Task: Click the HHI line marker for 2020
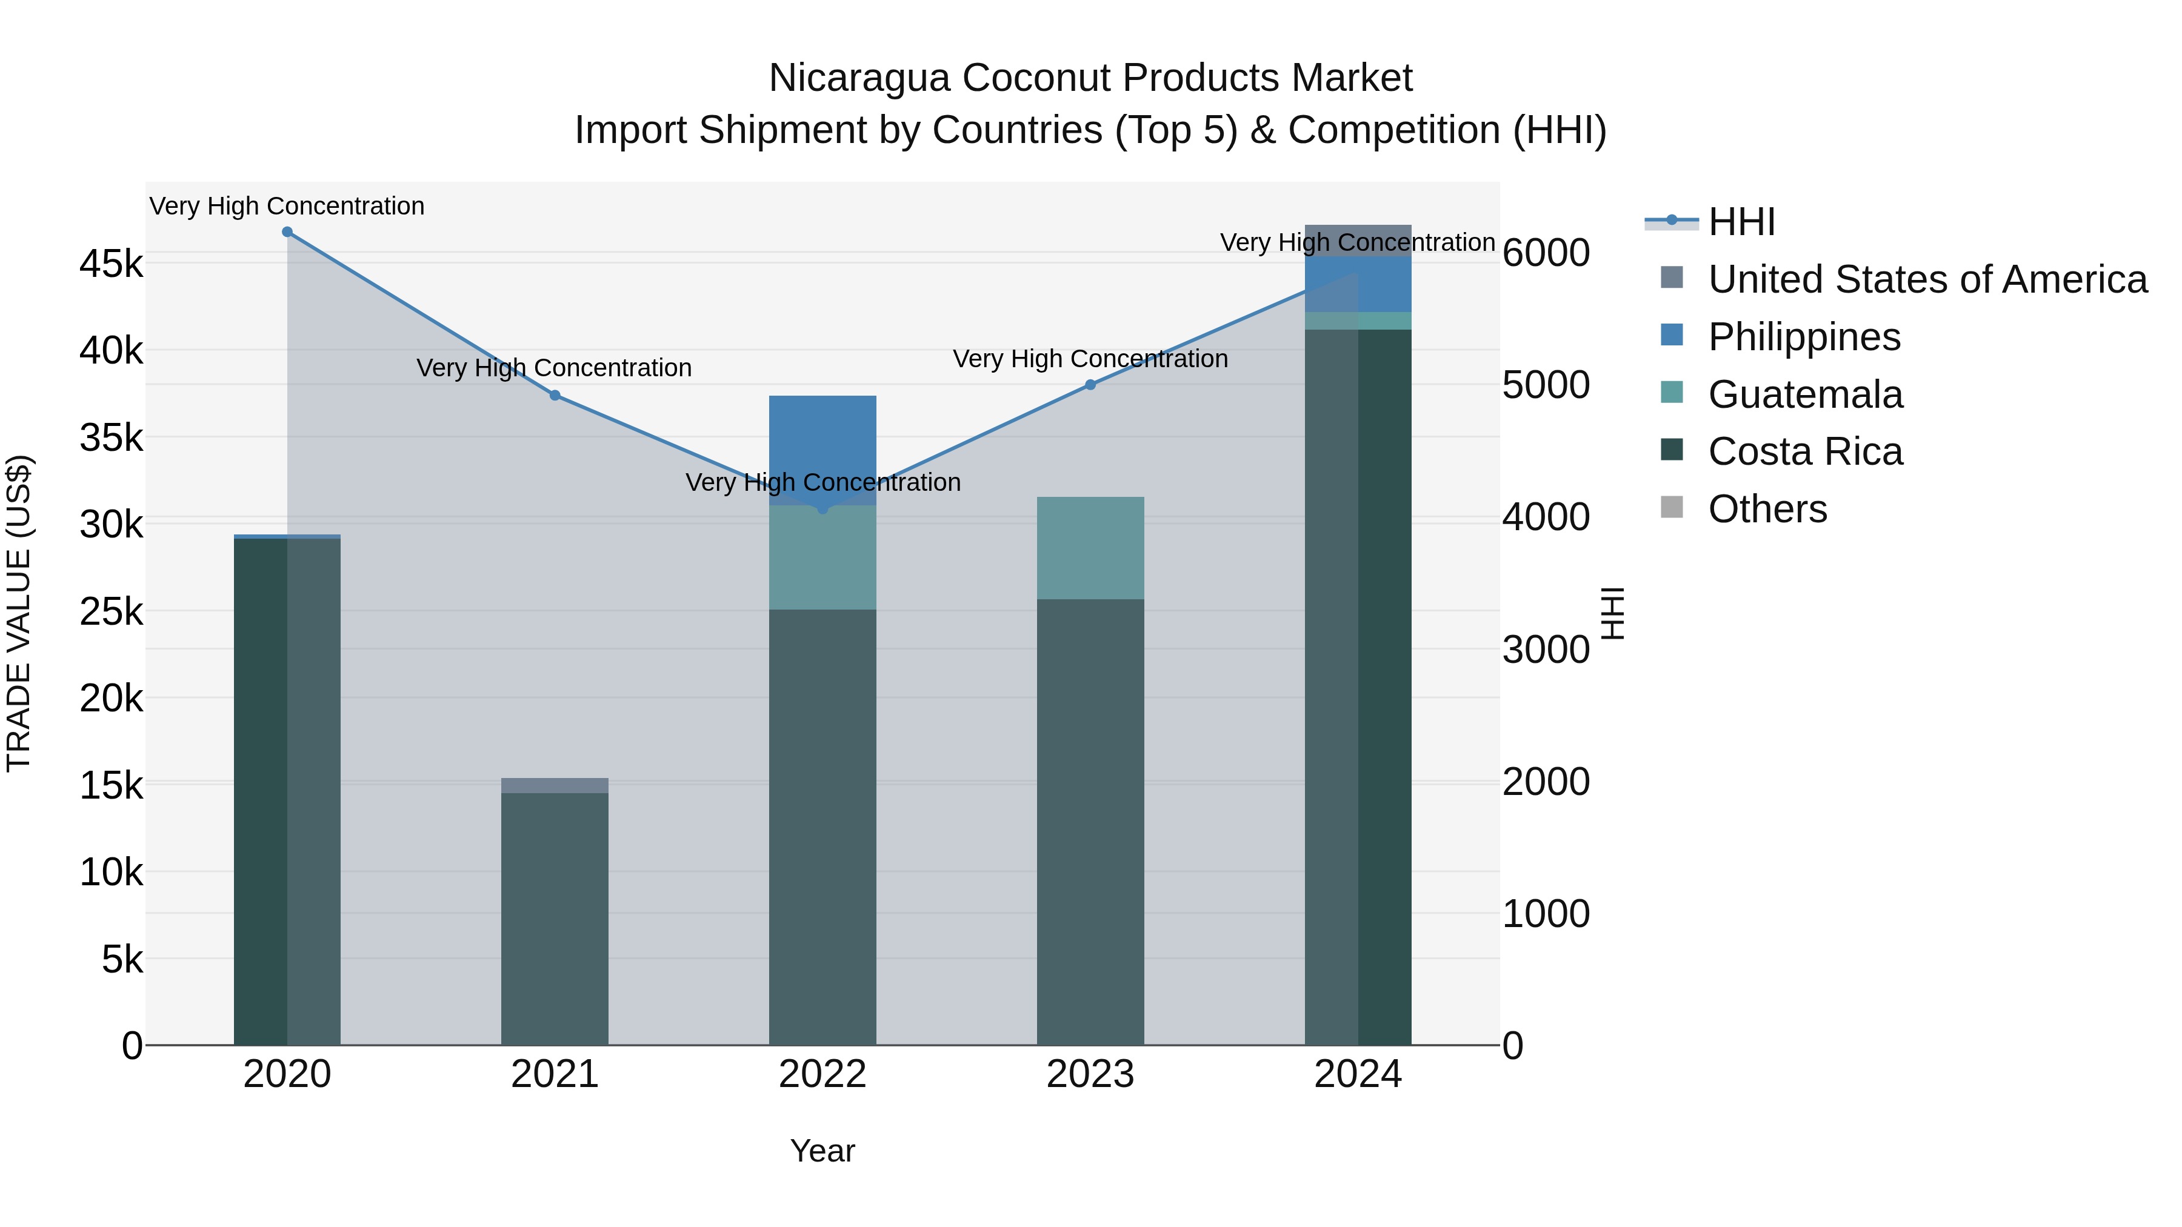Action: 287,232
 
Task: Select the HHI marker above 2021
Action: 555,396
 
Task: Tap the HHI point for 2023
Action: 1090,384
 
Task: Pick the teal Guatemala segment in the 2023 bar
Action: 1090,548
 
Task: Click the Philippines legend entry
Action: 1804,337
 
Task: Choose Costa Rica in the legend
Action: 1805,452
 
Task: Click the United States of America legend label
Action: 1927,279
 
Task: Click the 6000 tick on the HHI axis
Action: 1546,253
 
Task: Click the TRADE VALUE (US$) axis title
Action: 19,613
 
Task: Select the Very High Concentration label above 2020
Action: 287,207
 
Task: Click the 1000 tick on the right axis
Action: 1546,914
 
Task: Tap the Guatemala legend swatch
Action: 1672,393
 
